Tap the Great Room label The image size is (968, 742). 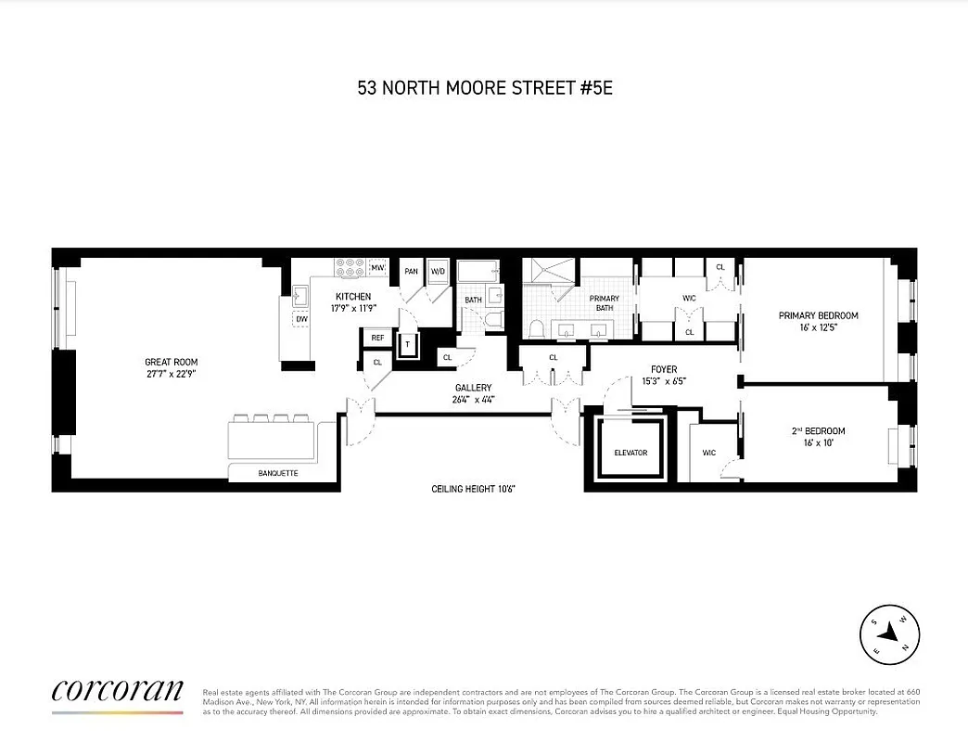click(x=171, y=362)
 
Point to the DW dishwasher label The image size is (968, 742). click(x=301, y=319)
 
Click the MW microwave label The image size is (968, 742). click(x=377, y=268)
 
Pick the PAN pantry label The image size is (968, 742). click(x=411, y=272)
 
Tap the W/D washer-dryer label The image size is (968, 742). click(x=438, y=272)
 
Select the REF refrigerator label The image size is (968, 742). click(x=377, y=339)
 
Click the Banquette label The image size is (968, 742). click(x=277, y=473)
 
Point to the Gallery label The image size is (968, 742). click(x=472, y=388)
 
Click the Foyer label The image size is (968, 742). click(x=664, y=369)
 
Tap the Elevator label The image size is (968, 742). click(x=630, y=453)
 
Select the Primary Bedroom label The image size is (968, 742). click(x=818, y=315)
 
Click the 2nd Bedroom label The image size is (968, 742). click(x=818, y=431)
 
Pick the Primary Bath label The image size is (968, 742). click(x=604, y=299)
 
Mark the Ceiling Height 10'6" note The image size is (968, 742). click(x=472, y=488)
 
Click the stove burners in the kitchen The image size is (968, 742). click(x=350, y=267)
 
